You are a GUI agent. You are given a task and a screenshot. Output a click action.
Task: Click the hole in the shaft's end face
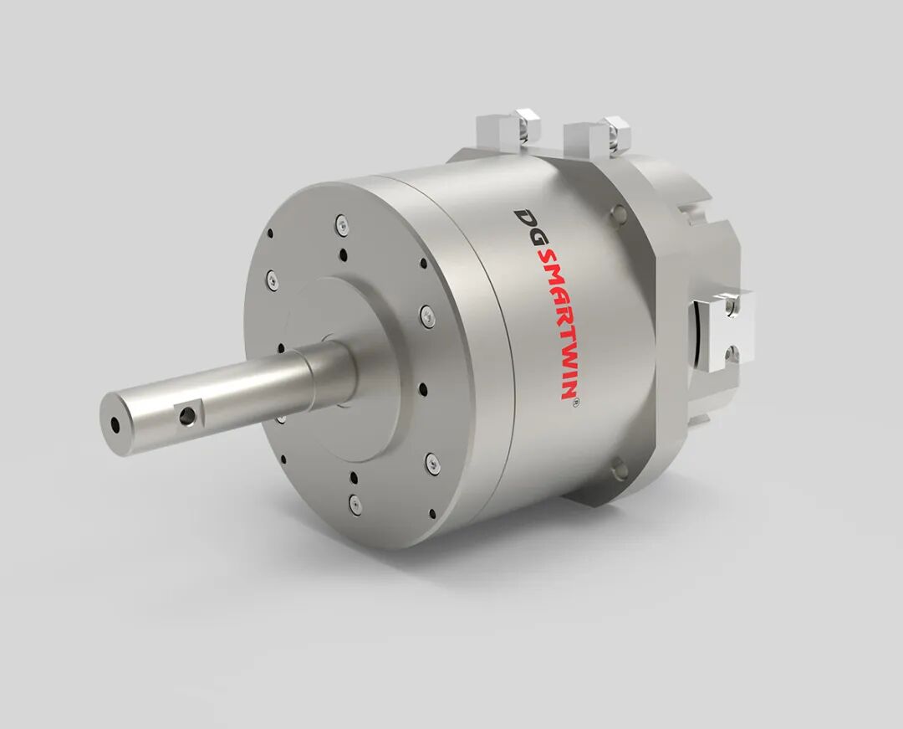pyautogui.click(x=115, y=425)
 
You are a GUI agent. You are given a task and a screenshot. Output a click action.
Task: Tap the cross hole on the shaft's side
pyautogui.click(x=186, y=415)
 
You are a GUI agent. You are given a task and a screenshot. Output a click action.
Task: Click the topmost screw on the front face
pyautogui.click(x=342, y=226)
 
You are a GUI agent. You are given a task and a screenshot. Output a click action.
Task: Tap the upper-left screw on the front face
pyautogui.click(x=273, y=280)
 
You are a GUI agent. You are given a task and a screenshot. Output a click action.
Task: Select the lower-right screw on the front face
pyautogui.click(x=432, y=464)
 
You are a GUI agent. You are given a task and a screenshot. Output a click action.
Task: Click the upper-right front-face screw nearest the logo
pyautogui.click(x=426, y=315)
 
